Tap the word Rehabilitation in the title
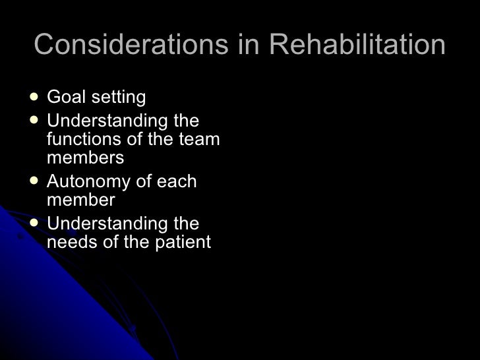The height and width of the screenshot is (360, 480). (x=357, y=45)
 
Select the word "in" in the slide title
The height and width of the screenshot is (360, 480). (x=245, y=45)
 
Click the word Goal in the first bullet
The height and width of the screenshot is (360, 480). (x=67, y=98)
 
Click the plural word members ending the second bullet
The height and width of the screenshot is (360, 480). (x=86, y=158)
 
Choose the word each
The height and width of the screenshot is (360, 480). (x=175, y=182)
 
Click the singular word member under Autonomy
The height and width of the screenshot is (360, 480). (x=81, y=200)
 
